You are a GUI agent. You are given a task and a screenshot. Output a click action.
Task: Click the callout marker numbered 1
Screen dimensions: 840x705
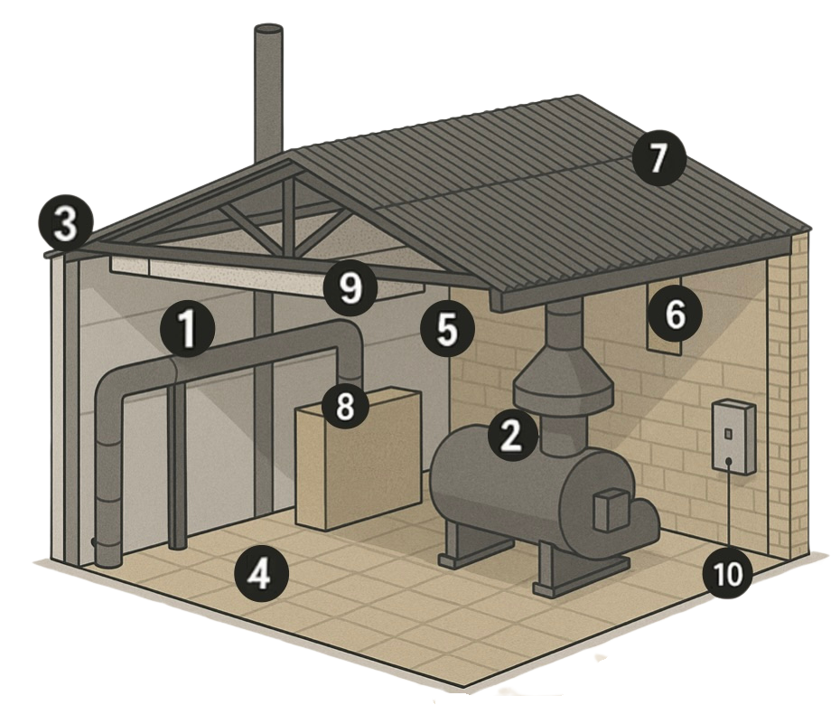pyautogui.click(x=187, y=328)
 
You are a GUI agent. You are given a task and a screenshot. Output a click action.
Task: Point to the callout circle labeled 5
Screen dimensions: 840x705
pyautogui.click(x=448, y=328)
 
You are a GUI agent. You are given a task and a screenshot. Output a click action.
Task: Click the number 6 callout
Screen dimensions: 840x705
pyautogui.click(x=675, y=315)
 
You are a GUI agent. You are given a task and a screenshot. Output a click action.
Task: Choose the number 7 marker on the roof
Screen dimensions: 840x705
pyautogui.click(x=658, y=159)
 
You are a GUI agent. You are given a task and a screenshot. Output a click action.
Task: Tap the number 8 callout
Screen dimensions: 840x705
pyautogui.click(x=345, y=404)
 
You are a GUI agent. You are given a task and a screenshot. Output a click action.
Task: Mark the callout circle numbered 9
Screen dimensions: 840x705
pyautogui.click(x=350, y=288)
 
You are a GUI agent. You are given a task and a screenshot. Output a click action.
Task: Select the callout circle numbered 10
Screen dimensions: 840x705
pyautogui.click(x=729, y=573)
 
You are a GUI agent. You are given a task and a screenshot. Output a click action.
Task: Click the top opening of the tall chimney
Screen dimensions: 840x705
pyautogui.click(x=269, y=30)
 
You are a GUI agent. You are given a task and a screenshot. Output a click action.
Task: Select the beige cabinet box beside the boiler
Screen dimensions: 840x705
pyautogui.click(x=358, y=458)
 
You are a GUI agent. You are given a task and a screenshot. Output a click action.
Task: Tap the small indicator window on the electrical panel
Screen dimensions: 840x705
pyautogui.click(x=727, y=432)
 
